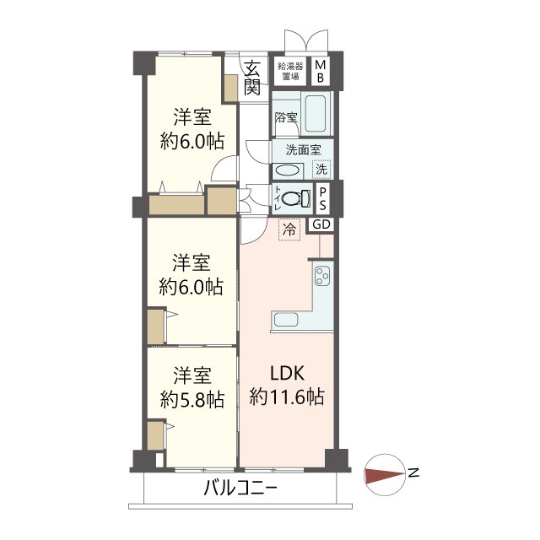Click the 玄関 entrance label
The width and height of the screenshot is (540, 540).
(x=252, y=78)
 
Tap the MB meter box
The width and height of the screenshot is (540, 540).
(x=321, y=71)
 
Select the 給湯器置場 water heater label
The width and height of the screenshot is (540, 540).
(x=290, y=71)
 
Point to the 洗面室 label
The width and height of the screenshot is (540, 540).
(x=303, y=150)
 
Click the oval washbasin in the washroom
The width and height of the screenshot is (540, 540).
(x=287, y=171)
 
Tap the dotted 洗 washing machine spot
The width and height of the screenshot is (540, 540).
(x=321, y=169)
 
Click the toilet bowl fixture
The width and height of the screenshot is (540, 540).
(x=296, y=198)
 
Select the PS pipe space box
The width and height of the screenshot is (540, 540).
(x=322, y=199)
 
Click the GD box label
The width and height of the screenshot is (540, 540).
(x=321, y=225)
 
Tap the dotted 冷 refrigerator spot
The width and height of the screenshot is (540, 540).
(x=289, y=229)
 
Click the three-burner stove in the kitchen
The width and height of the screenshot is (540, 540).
(x=323, y=276)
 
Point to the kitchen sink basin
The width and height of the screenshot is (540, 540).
(x=286, y=321)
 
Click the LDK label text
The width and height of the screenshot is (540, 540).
(x=287, y=373)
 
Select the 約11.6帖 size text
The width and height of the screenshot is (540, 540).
(x=287, y=397)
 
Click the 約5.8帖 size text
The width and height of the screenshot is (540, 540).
(x=192, y=400)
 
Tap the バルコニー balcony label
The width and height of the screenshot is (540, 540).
(x=240, y=489)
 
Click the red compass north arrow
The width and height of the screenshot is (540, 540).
(x=385, y=474)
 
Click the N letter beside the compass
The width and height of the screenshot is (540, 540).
(x=413, y=472)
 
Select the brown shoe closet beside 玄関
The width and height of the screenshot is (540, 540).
(x=230, y=89)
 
